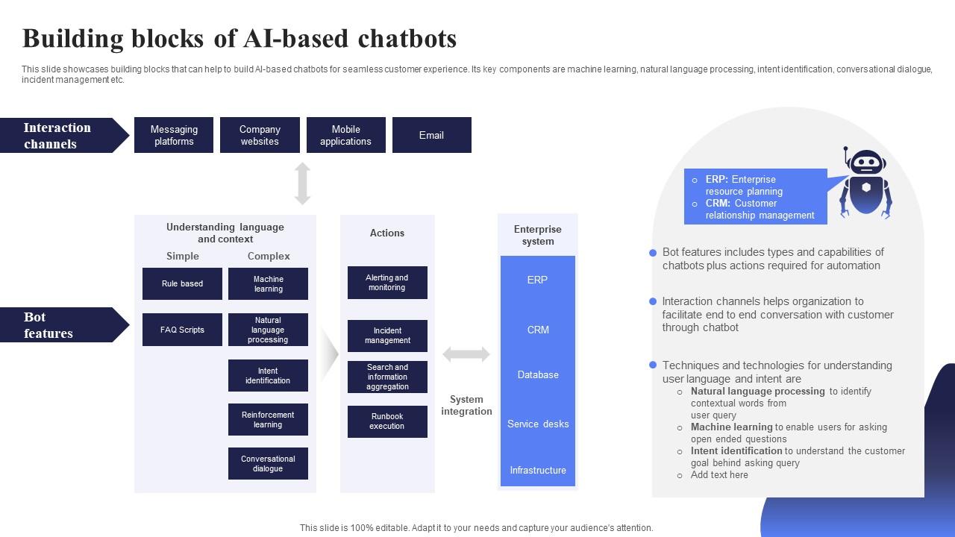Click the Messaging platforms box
pos(174,135)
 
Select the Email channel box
pos(432,135)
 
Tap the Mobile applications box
pos(345,135)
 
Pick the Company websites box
pos(260,135)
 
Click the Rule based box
pos(182,283)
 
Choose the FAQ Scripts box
pos(182,330)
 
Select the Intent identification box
pos(268,375)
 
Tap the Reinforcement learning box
pos(268,419)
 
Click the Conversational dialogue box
pos(268,463)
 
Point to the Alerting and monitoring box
pos(387,283)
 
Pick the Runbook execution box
pos(387,421)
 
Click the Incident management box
pos(387,336)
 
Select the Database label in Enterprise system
pos(538,374)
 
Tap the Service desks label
pos(538,424)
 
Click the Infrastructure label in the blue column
pos(538,470)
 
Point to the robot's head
pos(866,162)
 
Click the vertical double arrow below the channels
pos(302,183)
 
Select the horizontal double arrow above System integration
pos(466,354)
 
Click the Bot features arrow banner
pos(64,324)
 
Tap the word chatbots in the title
pos(407,38)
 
